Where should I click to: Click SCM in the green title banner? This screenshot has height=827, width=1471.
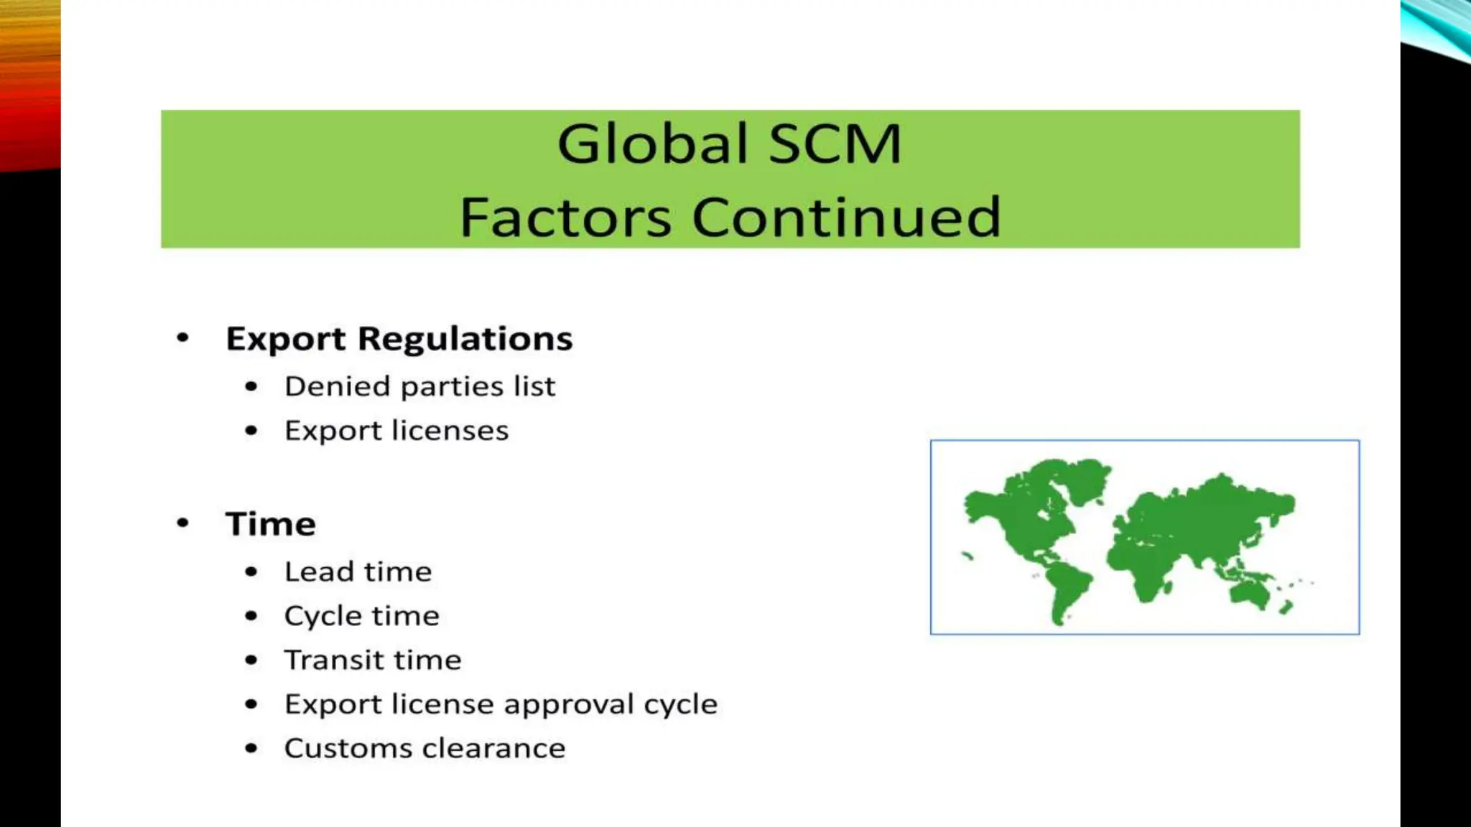point(835,144)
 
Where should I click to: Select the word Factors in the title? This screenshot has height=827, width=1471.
point(565,217)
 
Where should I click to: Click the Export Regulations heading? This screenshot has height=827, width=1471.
point(399,339)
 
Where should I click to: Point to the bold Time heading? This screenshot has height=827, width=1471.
point(271,524)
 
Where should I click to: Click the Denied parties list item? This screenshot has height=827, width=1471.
point(419,387)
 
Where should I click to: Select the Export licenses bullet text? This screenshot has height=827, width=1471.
point(396,431)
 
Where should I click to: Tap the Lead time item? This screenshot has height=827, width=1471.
point(358,572)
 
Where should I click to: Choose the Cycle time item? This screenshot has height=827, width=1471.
point(361,616)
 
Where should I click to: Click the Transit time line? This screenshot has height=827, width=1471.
point(372,660)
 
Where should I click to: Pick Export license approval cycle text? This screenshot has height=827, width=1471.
point(501,704)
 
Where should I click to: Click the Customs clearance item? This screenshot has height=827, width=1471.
point(424,749)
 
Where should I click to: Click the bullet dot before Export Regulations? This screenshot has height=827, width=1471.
point(183,337)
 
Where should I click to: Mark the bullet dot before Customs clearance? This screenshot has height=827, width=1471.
point(251,749)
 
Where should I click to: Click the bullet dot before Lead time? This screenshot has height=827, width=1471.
point(251,572)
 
